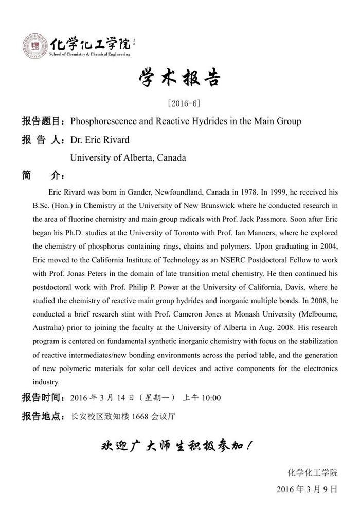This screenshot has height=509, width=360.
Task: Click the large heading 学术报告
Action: pos(179,78)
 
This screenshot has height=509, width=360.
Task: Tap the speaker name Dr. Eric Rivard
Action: pos(100,140)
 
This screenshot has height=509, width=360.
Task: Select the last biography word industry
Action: pos(46,382)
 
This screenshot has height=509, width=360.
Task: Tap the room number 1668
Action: pos(140,416)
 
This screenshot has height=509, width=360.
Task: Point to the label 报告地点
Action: pos(41,416)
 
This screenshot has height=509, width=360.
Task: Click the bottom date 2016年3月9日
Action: pos(307,488)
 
